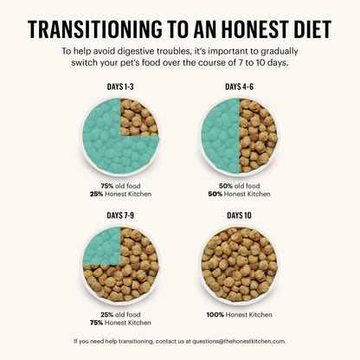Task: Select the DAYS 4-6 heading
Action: (x=240, y=87)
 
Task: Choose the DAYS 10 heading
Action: (x=240, y=214)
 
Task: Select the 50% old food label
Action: (x=240, y=185)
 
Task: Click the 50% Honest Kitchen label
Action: (x=240, y=194)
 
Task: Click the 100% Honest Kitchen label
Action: (x=240, y=313)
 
